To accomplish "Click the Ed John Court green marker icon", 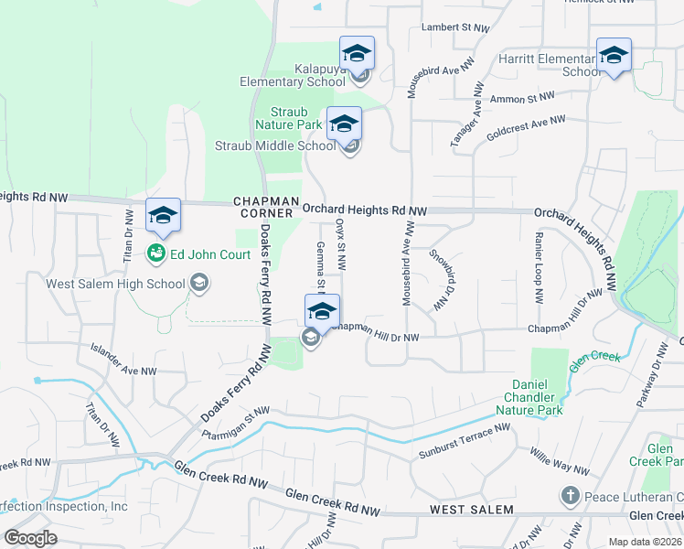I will tap(155, 253).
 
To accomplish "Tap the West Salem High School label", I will tap(116, 284).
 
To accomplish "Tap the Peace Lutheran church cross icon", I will tap(570, 496).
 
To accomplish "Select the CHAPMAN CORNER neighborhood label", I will tap(266, 207).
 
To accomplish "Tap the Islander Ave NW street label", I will tap(123, 360).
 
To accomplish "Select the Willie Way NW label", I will tap(561, 461).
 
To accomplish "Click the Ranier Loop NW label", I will tap(539, 268).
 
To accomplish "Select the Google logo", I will tap(31, 537).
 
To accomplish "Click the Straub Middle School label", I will tap(275, 145).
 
